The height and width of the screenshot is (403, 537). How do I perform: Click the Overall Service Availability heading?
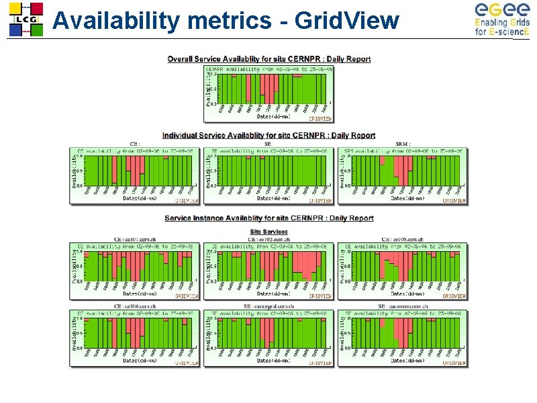[x=268, y=59]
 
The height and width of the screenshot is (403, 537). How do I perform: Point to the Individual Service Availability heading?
[x=268, y=136]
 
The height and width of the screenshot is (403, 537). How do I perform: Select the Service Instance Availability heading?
[x=268, y=218]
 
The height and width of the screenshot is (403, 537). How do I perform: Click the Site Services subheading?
[x=268, y=231]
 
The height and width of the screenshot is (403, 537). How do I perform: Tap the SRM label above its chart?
[x=403, y=143]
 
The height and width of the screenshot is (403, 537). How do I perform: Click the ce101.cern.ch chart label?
[x=135, y=239]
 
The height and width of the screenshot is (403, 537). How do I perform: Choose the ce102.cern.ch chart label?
[x=268, y=239]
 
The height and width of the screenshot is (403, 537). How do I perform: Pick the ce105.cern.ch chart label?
[x=402, y=239]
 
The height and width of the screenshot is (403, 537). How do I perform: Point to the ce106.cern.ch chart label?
[x=135, y=306]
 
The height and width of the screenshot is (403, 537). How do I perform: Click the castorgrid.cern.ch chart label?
[x=268, y=306]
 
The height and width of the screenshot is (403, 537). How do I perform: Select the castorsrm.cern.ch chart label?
[x=402, y=306]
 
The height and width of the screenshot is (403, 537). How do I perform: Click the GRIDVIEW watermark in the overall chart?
[x=319, y=118]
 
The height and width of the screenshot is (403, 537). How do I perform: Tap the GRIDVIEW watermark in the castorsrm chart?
[x=453, y=363]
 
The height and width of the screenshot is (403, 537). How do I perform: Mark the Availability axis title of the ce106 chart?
[x=75, y=334]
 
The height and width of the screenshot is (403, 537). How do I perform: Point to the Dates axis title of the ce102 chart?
[x=273, y=294]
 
